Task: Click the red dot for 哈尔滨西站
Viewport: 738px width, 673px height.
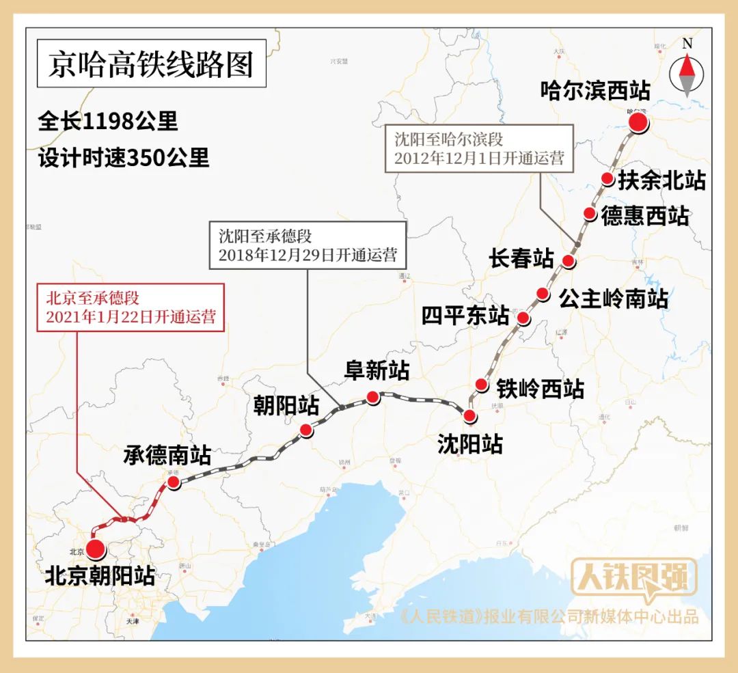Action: (638, 122)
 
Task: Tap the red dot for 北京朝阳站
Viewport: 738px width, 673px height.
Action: (94, 548)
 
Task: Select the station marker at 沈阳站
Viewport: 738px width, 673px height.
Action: (469, 415)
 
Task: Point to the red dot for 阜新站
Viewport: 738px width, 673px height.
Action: (372, 396)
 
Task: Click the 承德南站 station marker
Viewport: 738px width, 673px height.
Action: (174, 482)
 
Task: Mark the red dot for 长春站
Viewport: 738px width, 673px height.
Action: (568, 260)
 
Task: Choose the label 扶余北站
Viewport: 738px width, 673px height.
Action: (661, 180)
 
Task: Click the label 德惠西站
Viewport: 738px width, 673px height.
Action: (644, 216)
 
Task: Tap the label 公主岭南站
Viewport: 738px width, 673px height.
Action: (613, 298)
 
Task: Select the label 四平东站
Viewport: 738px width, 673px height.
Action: (465, 316)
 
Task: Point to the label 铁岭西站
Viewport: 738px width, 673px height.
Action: (540, 388)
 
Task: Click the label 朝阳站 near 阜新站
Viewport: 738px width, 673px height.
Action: (286, 405)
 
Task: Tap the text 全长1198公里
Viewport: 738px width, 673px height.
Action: (108, 122)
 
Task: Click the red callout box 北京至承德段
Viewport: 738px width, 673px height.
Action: (131, 307)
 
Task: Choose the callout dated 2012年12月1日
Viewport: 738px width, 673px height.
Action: (479, 148)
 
